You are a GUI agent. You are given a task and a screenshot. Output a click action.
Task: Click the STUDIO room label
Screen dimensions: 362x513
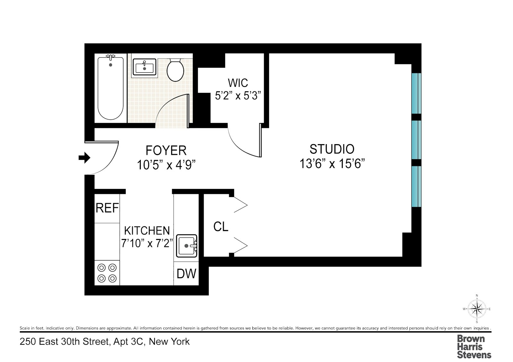(332, 149)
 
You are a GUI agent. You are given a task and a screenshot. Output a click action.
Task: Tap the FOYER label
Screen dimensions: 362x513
(166, 150)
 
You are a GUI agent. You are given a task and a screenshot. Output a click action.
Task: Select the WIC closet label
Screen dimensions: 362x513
(238, 83)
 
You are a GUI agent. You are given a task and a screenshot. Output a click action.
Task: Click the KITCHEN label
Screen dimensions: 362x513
(147, 231)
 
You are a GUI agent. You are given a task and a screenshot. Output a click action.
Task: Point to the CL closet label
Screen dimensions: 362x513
(221, 227)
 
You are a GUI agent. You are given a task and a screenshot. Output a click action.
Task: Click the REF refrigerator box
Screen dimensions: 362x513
(107, 208)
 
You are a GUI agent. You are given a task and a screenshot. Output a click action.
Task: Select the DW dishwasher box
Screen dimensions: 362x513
(186, 274)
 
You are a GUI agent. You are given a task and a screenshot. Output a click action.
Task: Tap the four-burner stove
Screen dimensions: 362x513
(107, 273)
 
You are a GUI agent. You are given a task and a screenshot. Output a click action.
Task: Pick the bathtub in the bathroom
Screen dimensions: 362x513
(111, 88)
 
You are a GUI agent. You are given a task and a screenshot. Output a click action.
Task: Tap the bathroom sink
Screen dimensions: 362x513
(144, 68)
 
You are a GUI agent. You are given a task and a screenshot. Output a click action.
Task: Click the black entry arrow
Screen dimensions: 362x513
(84, 158)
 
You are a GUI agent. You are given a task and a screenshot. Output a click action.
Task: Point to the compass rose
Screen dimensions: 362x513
(477, 309)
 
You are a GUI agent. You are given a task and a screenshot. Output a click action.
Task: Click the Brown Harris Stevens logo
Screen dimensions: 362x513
(474, 347)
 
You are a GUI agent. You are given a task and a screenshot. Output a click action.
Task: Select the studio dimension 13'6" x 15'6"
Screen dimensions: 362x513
(332, 164)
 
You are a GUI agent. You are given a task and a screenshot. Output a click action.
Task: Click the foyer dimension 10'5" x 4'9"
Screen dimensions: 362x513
(166, 165)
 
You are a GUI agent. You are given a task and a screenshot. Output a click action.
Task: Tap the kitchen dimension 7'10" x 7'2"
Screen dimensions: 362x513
(147, 243)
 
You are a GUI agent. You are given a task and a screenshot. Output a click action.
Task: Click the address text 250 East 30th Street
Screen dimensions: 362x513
(105, 342)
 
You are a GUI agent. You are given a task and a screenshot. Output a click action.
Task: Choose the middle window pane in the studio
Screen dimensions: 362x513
(416, 140)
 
